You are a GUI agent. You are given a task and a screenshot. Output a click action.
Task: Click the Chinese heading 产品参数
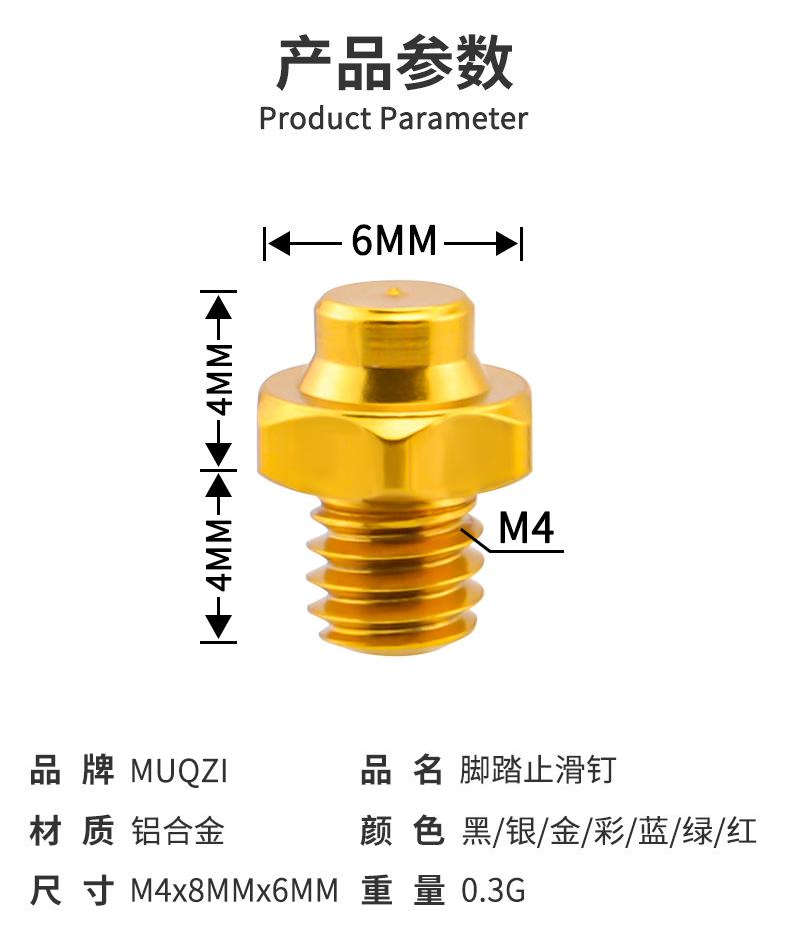395,63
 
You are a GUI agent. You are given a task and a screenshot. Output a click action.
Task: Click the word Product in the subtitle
315,118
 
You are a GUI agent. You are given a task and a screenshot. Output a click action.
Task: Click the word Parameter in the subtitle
454,118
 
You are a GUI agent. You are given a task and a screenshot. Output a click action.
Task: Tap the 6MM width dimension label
393,241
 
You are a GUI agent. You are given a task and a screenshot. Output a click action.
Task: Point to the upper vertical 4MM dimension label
221,379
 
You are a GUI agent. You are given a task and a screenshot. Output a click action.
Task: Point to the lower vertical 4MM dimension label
221,555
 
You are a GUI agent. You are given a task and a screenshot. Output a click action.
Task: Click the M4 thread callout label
526,528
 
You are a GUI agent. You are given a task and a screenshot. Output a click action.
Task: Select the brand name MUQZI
179,771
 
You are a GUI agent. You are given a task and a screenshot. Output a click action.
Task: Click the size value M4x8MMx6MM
234,890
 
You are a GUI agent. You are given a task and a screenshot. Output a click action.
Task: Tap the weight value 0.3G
494,890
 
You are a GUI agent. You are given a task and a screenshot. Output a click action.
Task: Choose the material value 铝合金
178,831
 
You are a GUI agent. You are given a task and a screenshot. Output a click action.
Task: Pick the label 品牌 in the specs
72,770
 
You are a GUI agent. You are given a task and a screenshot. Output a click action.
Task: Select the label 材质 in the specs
72,831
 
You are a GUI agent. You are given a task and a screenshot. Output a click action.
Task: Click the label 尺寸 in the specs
72,891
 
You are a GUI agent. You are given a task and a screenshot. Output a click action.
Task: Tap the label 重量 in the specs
403,891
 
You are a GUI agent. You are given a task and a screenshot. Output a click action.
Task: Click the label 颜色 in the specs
403,831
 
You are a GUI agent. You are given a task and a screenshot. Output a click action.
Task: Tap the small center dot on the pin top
395,292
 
